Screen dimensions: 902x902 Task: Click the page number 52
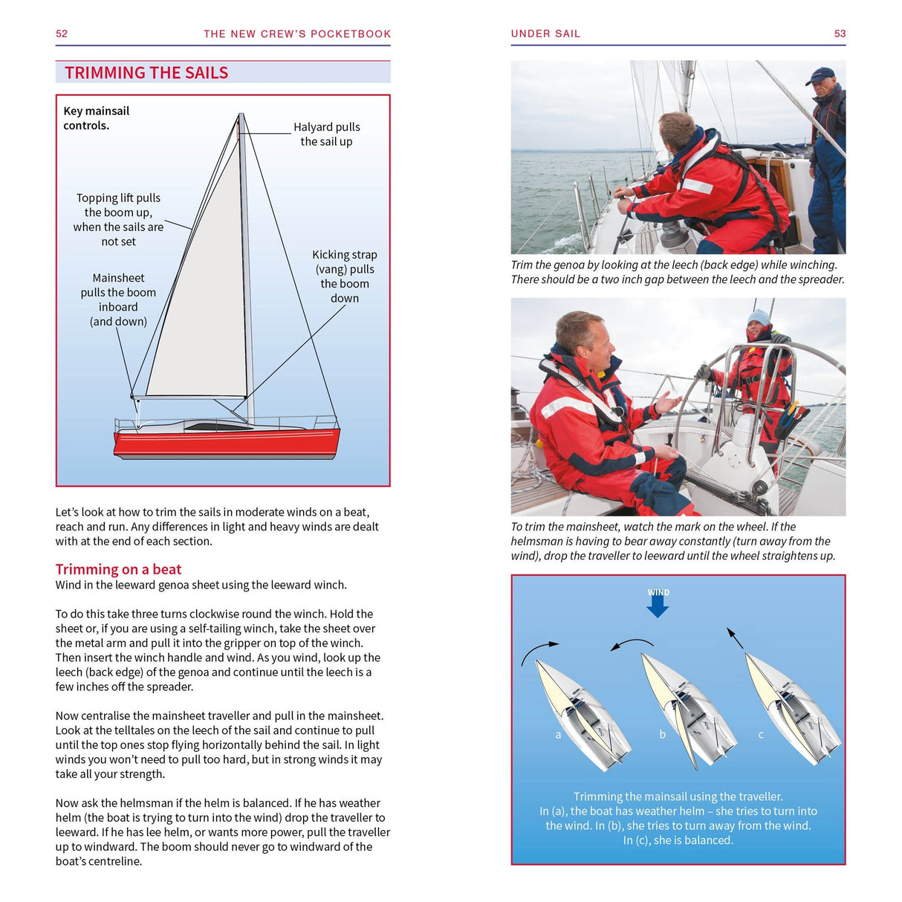62,33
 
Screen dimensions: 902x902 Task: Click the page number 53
840,33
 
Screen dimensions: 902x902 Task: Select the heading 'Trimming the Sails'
146,73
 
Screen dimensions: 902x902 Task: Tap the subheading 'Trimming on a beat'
118,569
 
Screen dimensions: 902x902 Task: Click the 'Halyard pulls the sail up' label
326,134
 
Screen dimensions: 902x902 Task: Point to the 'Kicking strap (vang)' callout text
344,276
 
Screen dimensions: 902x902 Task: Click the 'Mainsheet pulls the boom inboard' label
118,299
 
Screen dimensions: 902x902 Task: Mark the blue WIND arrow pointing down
658,606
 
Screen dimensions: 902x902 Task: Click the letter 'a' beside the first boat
558,735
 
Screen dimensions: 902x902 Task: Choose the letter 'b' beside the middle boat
662,735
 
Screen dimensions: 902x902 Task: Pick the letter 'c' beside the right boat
761,735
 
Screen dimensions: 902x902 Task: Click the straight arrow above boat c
735,638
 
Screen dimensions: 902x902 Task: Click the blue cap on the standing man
820,75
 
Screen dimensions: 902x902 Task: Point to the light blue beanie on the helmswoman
759,318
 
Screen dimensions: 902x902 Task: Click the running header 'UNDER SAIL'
545,33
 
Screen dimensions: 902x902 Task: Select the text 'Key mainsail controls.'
96,118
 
